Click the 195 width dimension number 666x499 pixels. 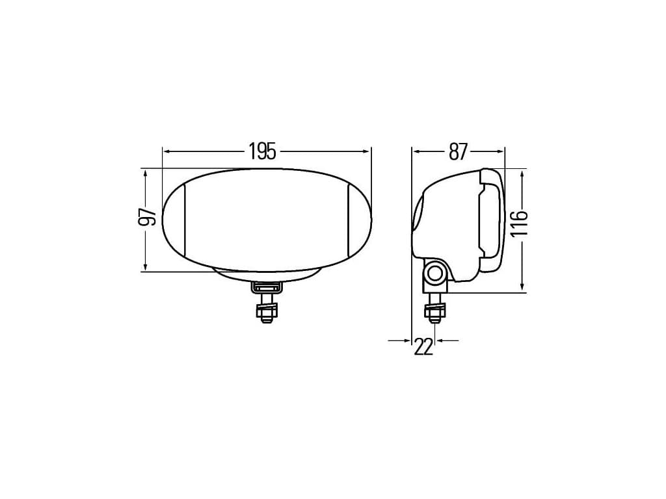pyautogui.click(x=263, y=151)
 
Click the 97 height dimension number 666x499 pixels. pyautogui.click(x=148, y=216)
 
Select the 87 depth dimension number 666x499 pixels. pyautogui.click(x=458, y=151)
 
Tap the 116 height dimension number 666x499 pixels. pyautogui.click(x=518, y=224)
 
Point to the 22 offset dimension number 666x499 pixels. pyautogui.click(x=423, y=347)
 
